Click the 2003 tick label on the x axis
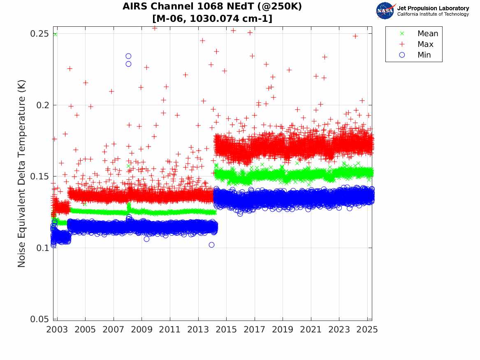click(x=57, y=330)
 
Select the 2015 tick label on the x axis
click(x=226, y=330)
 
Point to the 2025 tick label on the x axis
click(x=367, y=330)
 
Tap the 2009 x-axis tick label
click(x=141, y=330)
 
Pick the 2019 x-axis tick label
click(x=283, y=330)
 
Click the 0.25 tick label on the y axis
click(x=40, y=33)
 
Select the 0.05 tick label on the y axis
click(x=40, y=319)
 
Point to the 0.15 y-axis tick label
click(x=40, y=177)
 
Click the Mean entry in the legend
click(x=428, y=34)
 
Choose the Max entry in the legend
click(x=425, y=44)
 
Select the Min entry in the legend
click(x=424, y=55)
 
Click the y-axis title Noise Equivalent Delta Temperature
click(x=22, y=176)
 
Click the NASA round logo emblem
click(x=385, y=11)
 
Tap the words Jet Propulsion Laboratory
click(x=433, y=8)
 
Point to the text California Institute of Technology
click(x=433, y=14)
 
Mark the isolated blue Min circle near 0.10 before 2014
click(x=211, y=245)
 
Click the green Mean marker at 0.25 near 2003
click(x=55, y=34)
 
